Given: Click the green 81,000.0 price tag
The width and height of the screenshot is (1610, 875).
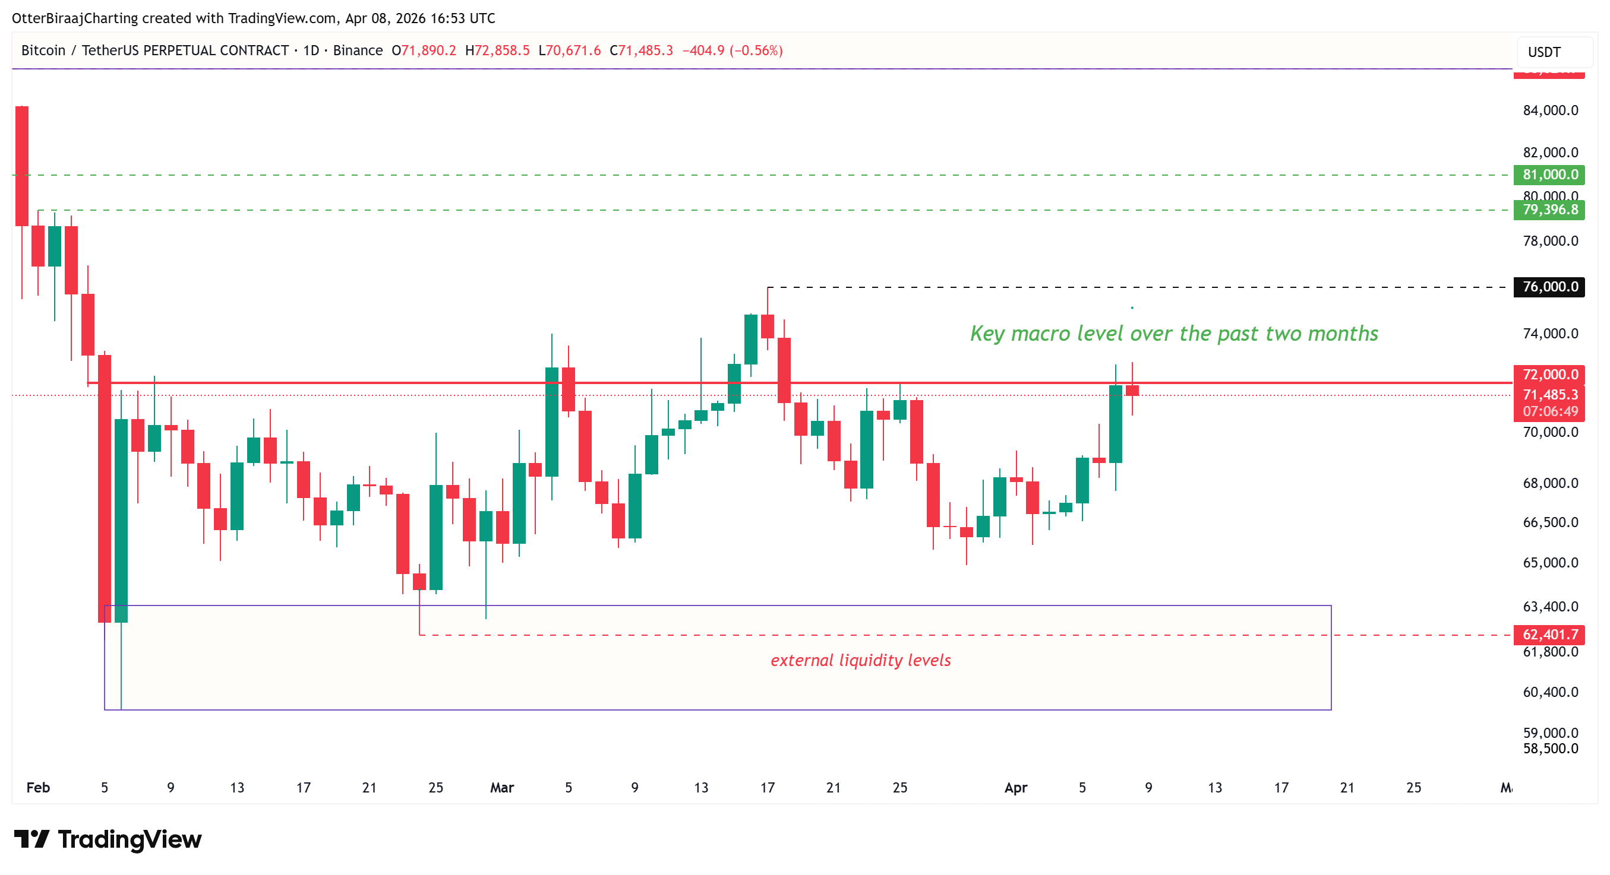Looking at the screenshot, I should pyautogui.click(x=1549, y=175).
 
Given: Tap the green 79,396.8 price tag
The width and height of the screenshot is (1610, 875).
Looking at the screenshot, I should pyautogui.click(x=1549, y=210).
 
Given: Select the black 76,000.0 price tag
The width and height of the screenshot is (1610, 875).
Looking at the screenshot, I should pyautogui.click(x=1549, y=287).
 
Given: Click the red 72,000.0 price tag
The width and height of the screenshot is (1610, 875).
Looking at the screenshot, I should pyautogui.click(x=1549, y=374).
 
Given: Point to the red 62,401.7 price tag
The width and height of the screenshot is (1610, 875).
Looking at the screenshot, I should pyautogui.click(x=1549, y=635).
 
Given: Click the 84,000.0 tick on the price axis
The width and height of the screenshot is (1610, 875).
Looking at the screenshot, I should pyautogui.click(x=1550, y=110).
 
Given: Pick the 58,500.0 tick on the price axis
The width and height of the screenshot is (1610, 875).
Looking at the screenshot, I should pyautogui.click(x=1550, y=748).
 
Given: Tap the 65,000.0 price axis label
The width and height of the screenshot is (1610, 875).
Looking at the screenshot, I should pyautogui.click(x=1550, y=563).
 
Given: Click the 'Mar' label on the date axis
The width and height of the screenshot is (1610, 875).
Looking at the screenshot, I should pyautogui.click(x=502, y=788).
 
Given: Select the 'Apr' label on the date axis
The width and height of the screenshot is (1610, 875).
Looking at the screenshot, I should pyautogui.click(x=1016, y=788).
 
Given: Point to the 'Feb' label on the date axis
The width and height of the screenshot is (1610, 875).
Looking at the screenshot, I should pyautogui.click(x=38, y=788).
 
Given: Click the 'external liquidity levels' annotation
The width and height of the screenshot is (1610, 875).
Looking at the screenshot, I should pyautogui.click(x=861, y=660).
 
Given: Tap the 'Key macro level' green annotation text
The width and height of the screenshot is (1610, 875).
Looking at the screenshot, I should pyautogui.click(x=1174, y=334).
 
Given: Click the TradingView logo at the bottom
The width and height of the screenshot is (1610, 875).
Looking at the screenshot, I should pyautogui.click(x=108, y=839).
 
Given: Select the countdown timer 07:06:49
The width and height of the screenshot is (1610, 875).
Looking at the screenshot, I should pyautogui.click(x=1550, y=411).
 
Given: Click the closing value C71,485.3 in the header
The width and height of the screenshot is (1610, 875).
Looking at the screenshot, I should pyautogui.click(x=641, y=50).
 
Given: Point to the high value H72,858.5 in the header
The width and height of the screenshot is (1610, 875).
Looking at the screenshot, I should pyautogui.click(x=497, y=50).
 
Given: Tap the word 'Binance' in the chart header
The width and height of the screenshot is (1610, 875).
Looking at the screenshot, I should pyautogui.click(x=358, y=50).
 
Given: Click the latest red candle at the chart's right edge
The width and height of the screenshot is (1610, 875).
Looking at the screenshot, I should pyautogui.click(x=1132, y=391).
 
